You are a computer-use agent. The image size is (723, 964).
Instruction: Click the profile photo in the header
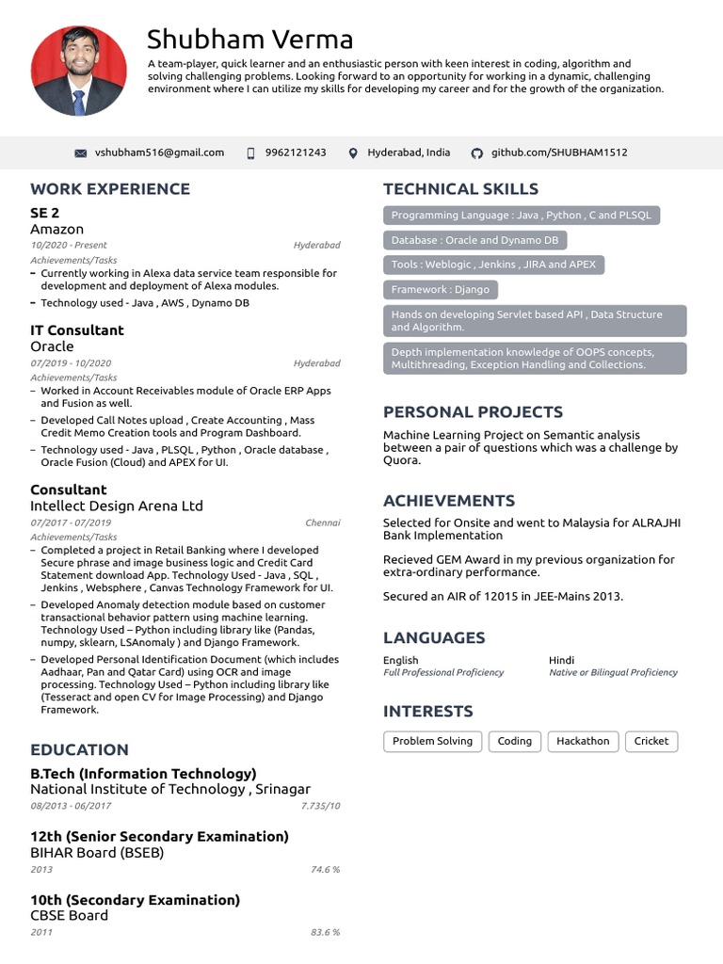point(78,71)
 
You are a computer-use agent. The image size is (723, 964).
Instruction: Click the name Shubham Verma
point(249,40)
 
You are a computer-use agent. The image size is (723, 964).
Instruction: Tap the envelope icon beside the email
point(80,153)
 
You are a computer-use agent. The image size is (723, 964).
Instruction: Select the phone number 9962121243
point(296,153)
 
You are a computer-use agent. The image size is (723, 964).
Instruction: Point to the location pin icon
point(353,153)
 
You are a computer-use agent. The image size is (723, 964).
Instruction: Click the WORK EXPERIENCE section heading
point(110,189)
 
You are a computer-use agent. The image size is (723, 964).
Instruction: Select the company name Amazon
point(56,229)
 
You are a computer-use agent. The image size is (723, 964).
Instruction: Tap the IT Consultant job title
point(77,330)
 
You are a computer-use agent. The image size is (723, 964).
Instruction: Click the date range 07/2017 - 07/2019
point(71,522)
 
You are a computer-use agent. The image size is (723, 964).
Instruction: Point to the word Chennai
point(323,522)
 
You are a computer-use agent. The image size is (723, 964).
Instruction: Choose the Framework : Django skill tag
point(441,290)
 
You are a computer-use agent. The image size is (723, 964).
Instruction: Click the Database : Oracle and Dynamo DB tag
point(474,240)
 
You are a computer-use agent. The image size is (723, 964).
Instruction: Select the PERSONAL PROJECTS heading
point(473,412)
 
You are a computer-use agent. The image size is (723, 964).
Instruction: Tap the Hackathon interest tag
point(583,741)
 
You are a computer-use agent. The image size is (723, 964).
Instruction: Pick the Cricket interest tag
point(651,741)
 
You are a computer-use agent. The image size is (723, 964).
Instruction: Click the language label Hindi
point(561,660)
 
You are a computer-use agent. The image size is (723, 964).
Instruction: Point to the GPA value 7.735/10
point(320,806)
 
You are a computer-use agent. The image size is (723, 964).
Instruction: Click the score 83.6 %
point(325,932)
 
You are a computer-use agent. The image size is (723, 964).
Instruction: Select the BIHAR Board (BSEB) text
point(97,852)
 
